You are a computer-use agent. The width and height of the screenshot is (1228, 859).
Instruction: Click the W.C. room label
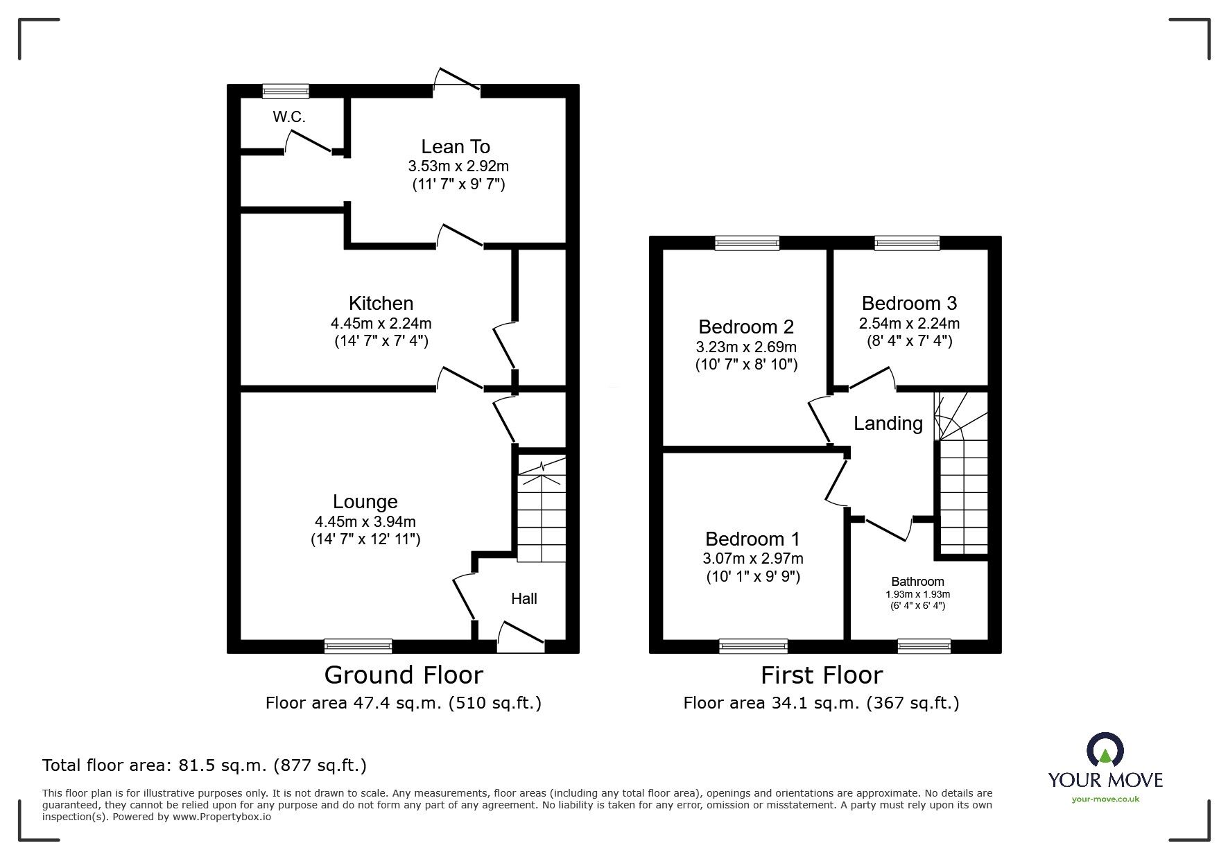coord(288,117)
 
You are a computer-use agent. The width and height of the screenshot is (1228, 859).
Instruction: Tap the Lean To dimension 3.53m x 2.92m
coord(458,166)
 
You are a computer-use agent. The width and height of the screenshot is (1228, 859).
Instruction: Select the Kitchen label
coord(381,303)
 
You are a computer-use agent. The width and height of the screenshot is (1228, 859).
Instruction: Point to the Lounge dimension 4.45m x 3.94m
coord(365,521)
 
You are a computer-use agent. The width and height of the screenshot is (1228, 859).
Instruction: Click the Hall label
coord(524,598)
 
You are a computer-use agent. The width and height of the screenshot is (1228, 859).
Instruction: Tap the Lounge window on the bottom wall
coord(358,646)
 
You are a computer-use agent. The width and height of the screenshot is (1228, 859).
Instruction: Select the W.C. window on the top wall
coord(286,90)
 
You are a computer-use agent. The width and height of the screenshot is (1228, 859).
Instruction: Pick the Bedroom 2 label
coord(746,327)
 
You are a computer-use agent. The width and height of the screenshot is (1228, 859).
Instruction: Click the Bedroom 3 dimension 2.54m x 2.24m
coord(909,323)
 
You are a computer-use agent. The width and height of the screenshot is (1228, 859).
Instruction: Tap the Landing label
coord(888,423)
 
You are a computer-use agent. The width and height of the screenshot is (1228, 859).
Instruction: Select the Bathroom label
coord(917,582)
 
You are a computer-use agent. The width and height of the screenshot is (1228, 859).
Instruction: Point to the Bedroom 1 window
coord(753,646)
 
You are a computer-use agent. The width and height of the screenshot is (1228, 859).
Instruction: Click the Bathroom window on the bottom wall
coord(924,646)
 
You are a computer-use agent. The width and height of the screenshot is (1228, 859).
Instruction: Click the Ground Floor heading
coord(404,675)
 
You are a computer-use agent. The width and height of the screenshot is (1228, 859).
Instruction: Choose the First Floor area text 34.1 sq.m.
coord(821,703)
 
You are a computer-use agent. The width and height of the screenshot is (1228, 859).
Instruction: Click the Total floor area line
coord(205,765)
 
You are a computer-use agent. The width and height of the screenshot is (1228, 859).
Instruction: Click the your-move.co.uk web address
coord(1105,799)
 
